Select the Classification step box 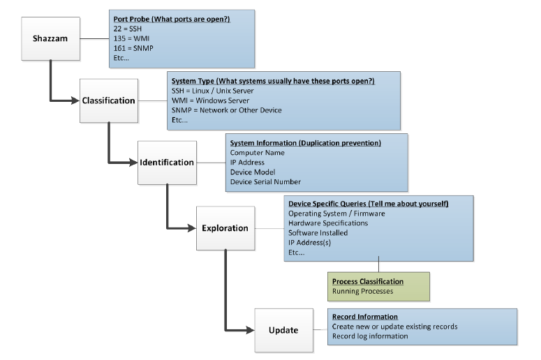108,100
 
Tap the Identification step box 167,163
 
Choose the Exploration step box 225,228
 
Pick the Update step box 283,330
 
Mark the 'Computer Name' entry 258,153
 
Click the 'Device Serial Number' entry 265,182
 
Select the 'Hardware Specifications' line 328,223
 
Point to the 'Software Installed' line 318,233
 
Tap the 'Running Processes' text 362,291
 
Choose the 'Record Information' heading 365,317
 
